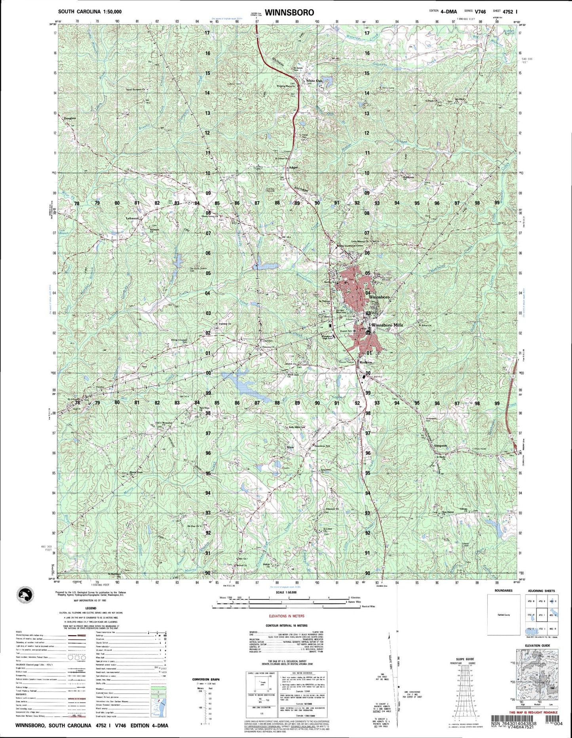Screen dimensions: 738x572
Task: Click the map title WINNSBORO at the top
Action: pos(289,12)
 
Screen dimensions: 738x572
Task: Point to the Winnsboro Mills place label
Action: pos(387,325)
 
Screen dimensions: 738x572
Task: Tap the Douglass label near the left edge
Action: pos(67,118)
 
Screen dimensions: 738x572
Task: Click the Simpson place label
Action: pos(440,446)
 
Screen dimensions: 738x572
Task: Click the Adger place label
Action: pos(293,168)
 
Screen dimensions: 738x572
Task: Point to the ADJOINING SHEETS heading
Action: pos(541,591)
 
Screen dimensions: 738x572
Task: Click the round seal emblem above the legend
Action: pos(26,595)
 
